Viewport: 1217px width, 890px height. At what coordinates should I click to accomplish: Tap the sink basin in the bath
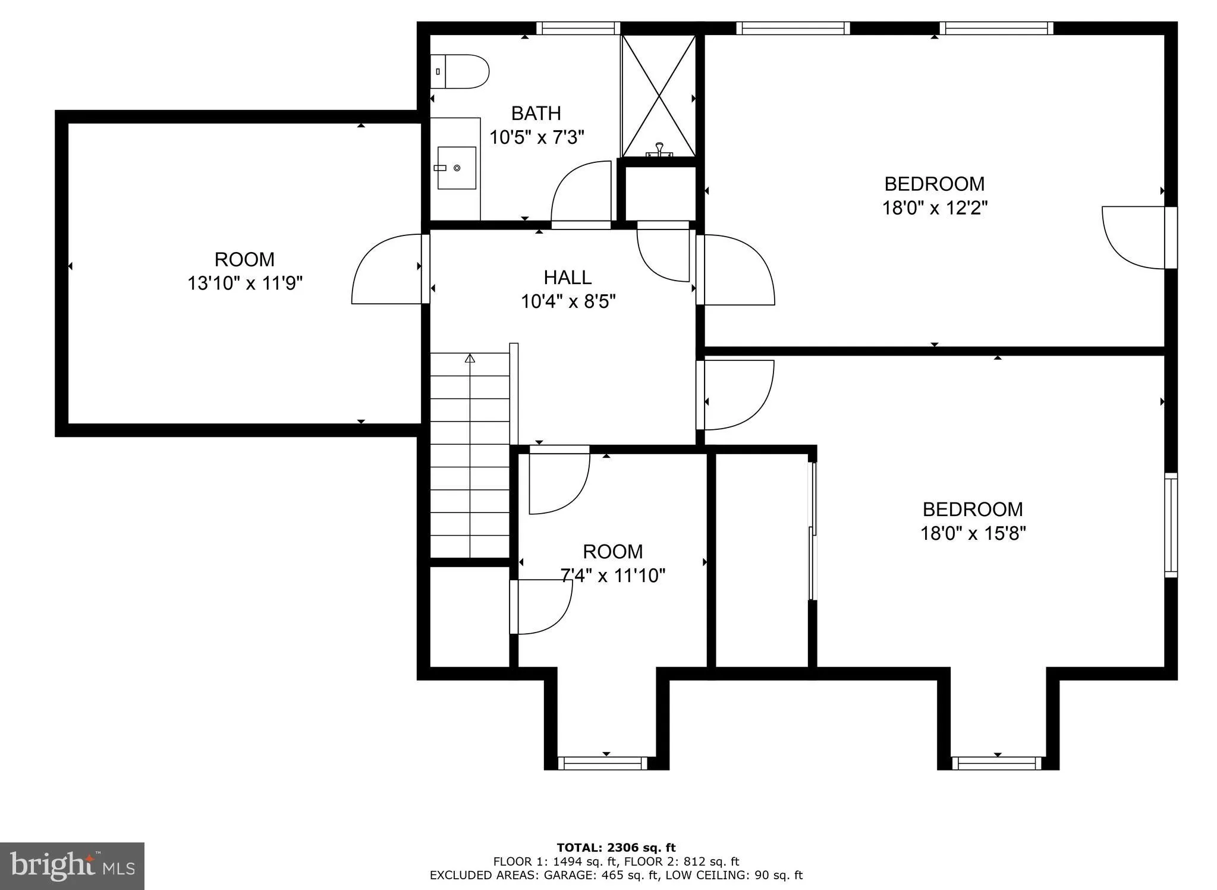click(457, 168)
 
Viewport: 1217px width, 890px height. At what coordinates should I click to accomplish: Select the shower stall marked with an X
click(658, 95)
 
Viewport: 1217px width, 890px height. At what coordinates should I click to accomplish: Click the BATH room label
click(536, 113)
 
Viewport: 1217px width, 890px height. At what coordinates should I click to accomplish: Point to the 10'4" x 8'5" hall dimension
click(568, 302)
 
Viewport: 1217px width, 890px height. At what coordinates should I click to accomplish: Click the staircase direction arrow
click(470, 358)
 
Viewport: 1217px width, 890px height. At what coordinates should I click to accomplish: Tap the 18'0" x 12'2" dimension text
click(934, 209)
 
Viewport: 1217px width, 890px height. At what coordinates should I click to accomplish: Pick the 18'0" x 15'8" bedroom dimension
click(973, 534)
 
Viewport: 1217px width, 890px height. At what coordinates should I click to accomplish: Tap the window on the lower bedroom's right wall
click(1170, 525)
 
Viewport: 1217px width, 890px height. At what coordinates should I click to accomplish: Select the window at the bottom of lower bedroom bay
click(996, 763)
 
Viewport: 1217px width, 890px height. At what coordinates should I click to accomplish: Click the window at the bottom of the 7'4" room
click(602, 763)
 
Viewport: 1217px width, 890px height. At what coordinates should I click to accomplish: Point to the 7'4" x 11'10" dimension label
click(612, 576)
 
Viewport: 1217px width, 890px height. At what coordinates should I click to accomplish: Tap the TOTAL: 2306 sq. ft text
click(615, 848)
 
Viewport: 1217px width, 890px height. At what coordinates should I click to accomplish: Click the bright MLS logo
click(72, 866)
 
